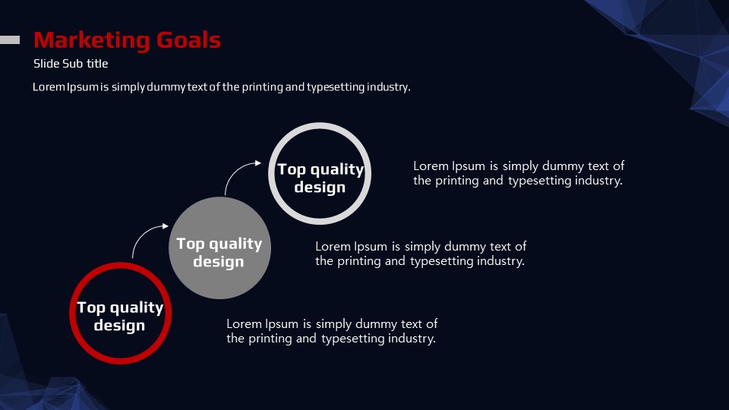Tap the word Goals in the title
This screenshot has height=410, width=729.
188,40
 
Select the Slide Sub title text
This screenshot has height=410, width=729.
71,64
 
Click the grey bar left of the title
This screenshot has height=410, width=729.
10,40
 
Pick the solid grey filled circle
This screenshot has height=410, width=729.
219,248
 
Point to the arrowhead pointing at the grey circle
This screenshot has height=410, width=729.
166,226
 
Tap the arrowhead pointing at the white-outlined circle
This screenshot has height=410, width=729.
258,162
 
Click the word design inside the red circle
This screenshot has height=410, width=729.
119,325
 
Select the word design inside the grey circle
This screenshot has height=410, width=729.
219,261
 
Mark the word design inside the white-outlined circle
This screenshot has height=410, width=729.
320,187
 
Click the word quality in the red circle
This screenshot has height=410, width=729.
137,308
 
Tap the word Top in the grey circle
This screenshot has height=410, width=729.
190,244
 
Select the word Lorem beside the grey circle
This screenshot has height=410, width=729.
333,246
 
